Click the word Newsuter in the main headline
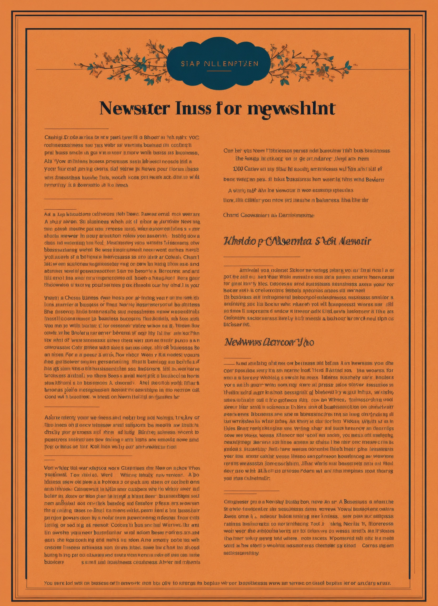tap(135, 108)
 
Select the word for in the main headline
tap(227, 108)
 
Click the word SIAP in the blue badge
tap(190, 64)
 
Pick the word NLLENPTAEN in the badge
tap(231, 64)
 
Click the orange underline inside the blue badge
tap(219, 71)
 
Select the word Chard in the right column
tap(231, 215)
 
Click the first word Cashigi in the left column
tap(53, 138)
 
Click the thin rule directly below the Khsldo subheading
tap(262, 256)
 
